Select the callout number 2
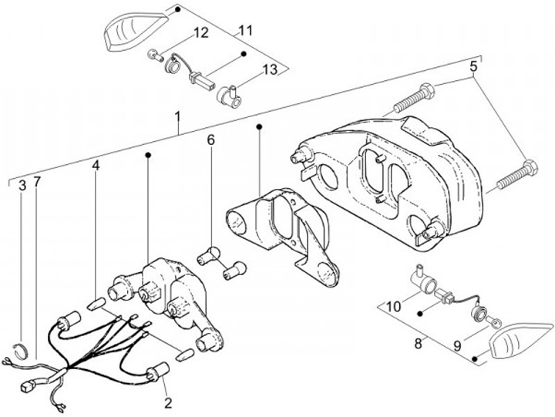coord(168,403)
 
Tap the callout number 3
coord(22,185)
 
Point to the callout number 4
coord(96,166)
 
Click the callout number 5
coord(473,66)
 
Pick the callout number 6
coord(210,140)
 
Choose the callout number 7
coord(37,182)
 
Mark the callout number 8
coord(419,343)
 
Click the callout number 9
coord(457,346)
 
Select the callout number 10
coord(393,306)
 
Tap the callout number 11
coord(245,31)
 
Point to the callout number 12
coord(200,32)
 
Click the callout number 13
coord(270,69)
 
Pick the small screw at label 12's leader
coord(155,55)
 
